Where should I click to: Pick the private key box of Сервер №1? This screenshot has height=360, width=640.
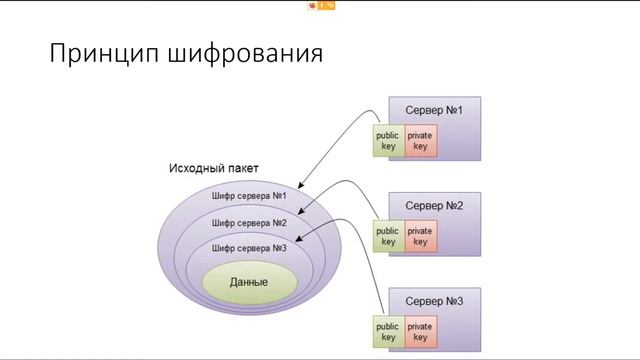pos(420,140)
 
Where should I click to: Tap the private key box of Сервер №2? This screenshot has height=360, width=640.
pos(420,236)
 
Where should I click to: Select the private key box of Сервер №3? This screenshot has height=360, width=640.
pos(420,332)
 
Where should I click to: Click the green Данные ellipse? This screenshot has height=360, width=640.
pos(248,282)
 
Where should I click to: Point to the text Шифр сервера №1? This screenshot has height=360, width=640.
pos(249,195)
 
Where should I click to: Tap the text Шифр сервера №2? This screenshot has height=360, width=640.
pos(249,222)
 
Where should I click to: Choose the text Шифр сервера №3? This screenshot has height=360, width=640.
pos(249,247)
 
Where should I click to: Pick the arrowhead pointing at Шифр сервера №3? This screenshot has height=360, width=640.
pos(301,236)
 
